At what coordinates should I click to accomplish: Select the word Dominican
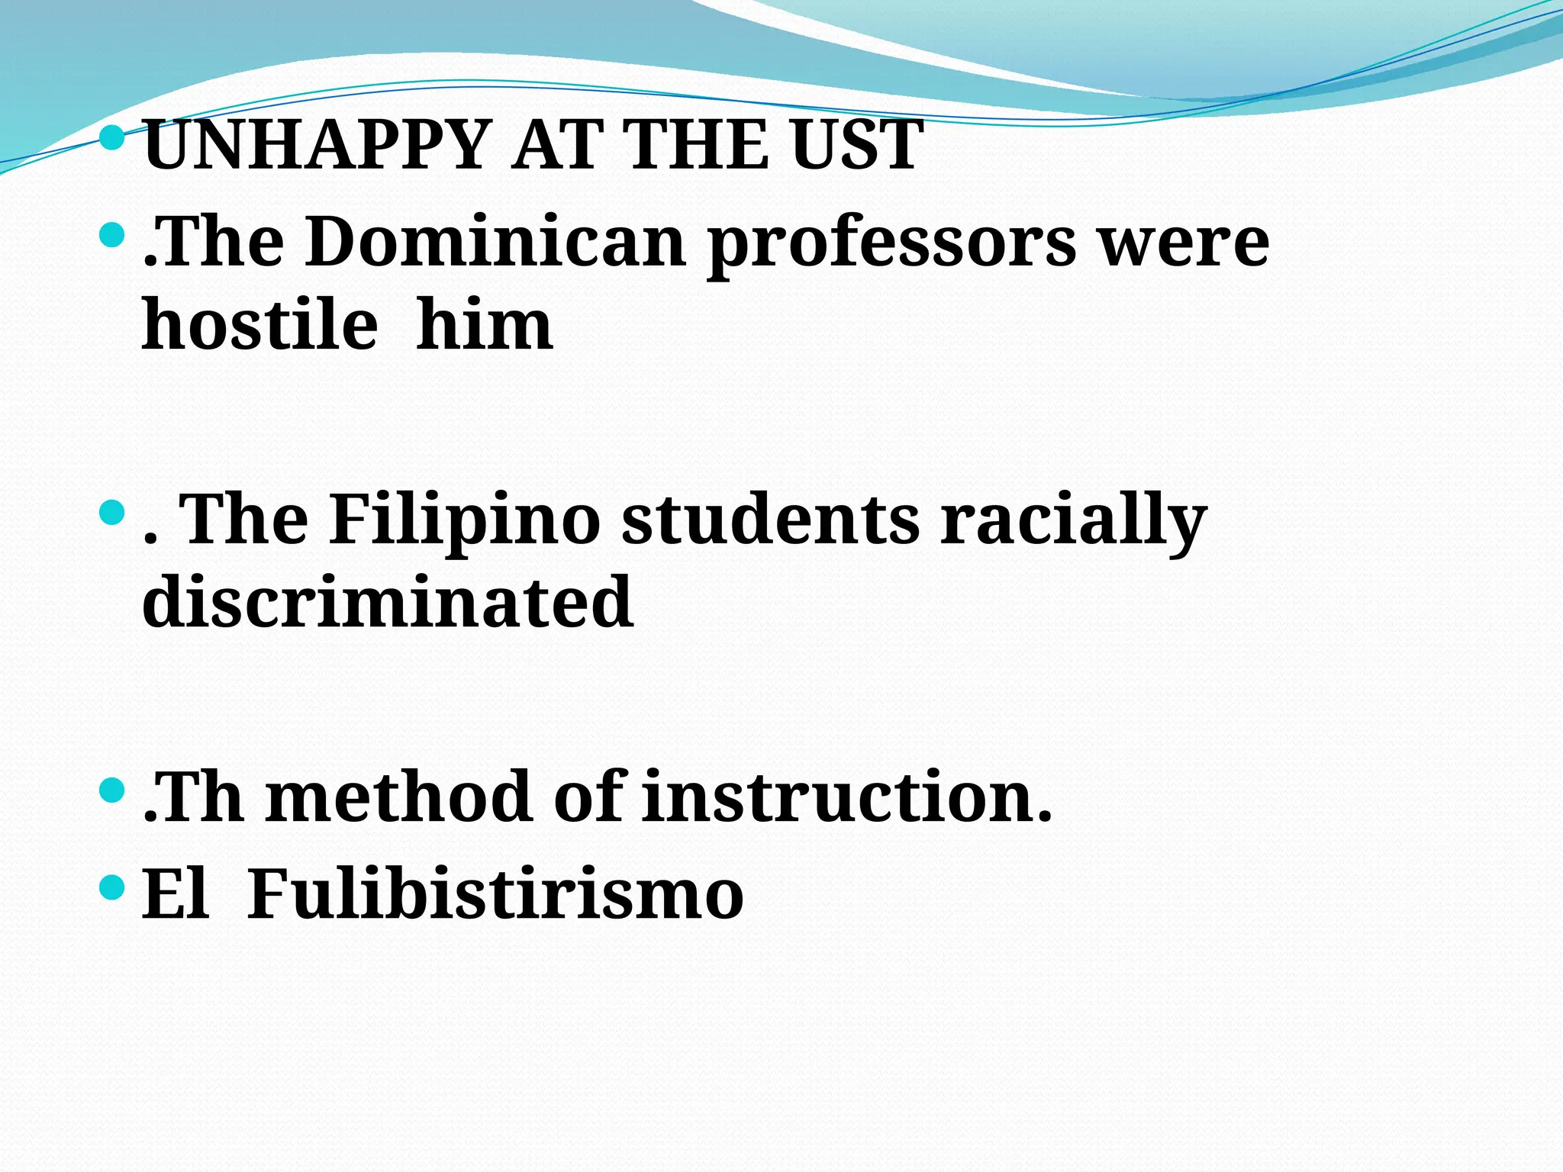pos(495,242)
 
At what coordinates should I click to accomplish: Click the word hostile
pos(259,325)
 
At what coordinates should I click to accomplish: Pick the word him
pos(485,325)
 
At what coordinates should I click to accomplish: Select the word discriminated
pos(388,603)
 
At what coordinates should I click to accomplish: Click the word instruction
pos(846,797)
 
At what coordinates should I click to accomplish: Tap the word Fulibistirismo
pos(495,893)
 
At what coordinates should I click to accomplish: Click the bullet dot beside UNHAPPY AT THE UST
pos(112,137)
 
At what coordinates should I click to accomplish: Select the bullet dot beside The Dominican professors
pos(112,234)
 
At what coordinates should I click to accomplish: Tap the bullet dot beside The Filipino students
pos(112,512)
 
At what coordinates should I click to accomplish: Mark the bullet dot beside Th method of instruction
pos(112,790)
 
